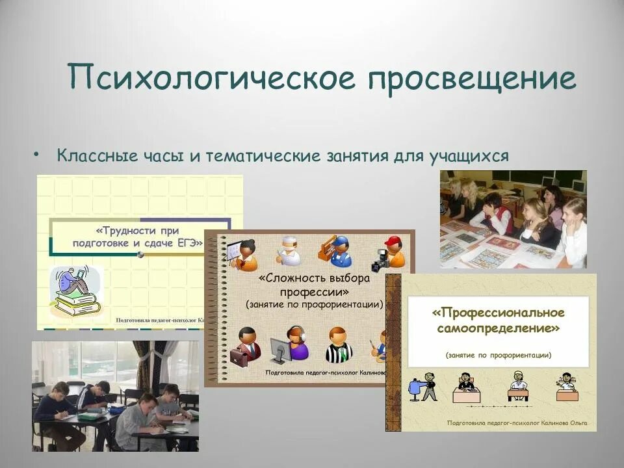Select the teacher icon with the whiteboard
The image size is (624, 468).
tap(242, 254)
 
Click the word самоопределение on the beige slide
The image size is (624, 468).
tap(499, 329)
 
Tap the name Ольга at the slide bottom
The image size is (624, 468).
tap(575, 423)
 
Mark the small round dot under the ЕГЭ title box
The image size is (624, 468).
tap(140, 255)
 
